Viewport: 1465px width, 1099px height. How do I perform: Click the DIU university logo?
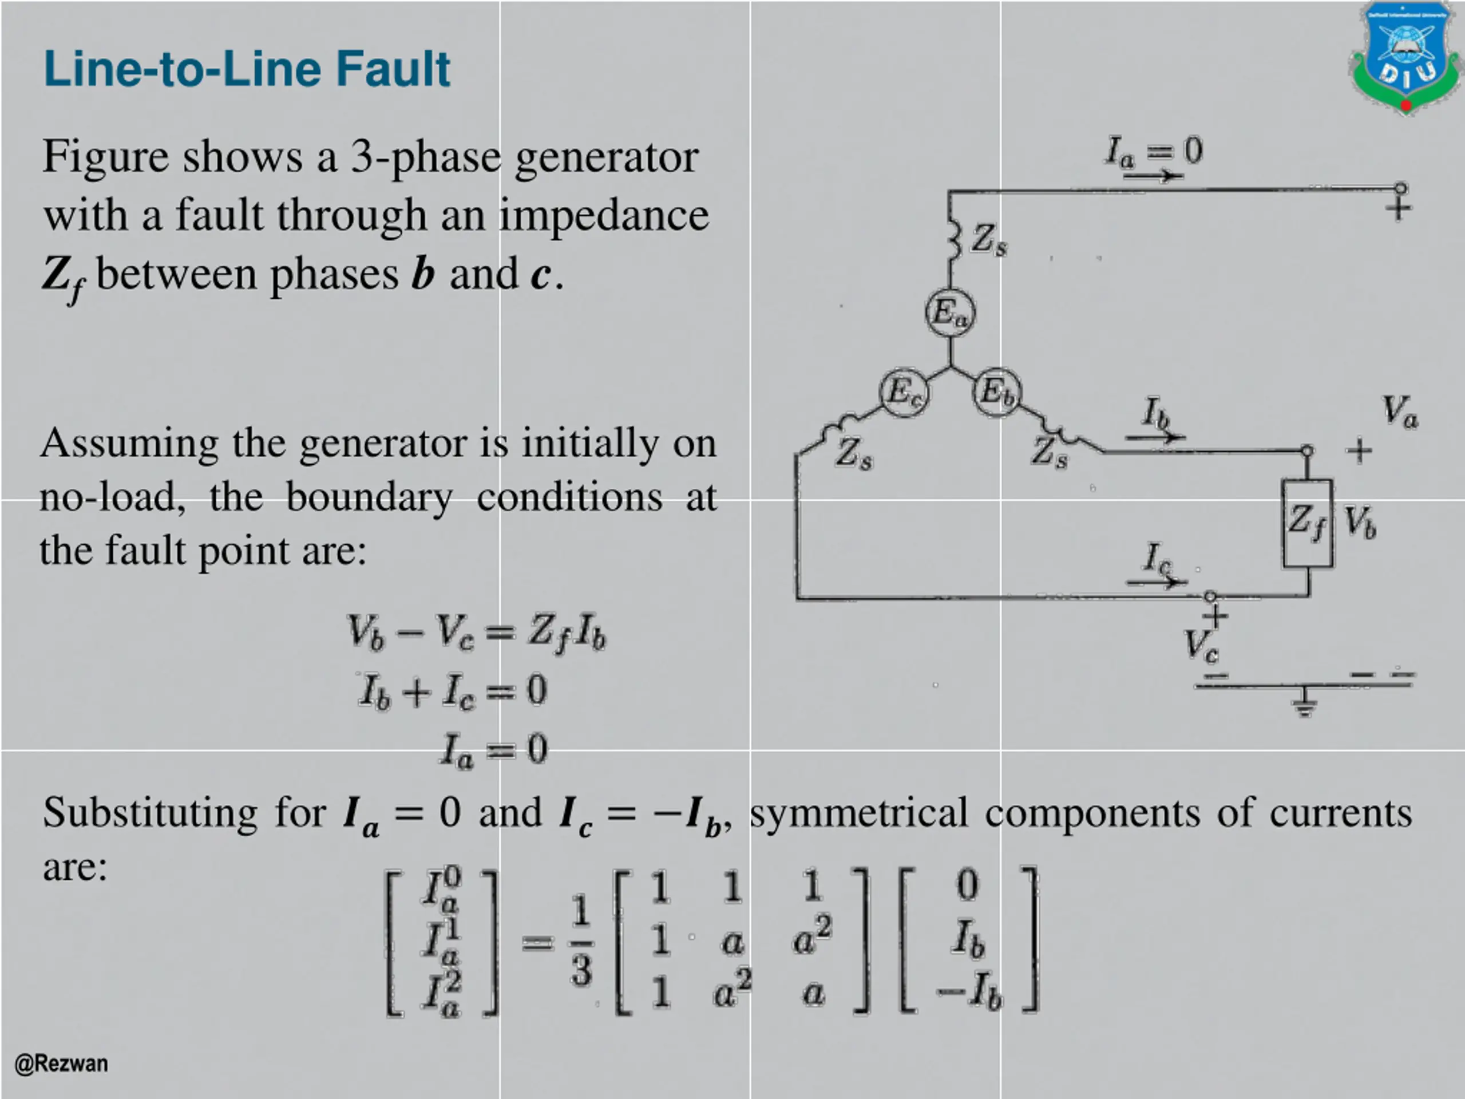[x=1406, y=58]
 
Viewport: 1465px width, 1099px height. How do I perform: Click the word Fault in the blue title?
[x=393, y=69]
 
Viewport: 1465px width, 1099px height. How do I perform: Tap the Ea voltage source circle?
[x=950, y=313]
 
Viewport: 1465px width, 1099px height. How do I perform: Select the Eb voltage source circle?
[x=997, y=392]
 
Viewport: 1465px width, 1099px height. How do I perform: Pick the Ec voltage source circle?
[x=904, y=392]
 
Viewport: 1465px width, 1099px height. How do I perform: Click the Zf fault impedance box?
[x=1308, y=523]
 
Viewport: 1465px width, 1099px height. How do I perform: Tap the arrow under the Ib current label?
[x=1155, y=437]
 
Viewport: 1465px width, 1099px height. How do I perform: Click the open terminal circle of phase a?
[x=1400, y=189]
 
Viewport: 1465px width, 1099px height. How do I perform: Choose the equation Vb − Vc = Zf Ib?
[x=476, y=632]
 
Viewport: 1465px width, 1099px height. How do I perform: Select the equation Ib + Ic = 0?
[x=453, y=691]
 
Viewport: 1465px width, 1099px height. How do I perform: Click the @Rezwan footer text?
[x=61, y=1064]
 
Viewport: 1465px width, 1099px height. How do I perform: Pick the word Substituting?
[x=151, y=813]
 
